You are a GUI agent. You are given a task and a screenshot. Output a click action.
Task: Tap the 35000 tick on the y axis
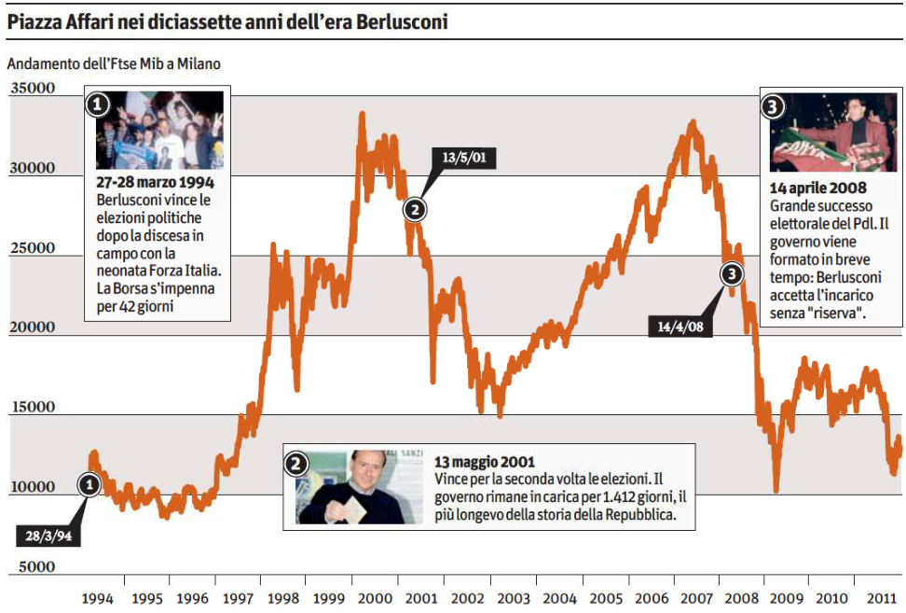coord(33,89)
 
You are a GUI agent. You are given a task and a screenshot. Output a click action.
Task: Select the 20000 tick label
coord(33,327)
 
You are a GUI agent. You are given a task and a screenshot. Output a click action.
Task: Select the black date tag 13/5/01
coord(464,157)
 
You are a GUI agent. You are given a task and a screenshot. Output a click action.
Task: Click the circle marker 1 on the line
coord(89,484)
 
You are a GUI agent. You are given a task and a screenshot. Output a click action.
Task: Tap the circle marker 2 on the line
coord(415,209)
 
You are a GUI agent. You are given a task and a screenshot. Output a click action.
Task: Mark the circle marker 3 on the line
coord(733,273)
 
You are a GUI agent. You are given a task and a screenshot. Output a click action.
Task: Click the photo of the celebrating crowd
coord(159,130)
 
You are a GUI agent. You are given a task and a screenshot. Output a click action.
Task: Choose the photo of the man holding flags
coord(833,132)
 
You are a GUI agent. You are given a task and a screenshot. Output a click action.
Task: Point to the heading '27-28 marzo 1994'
coord(156,183)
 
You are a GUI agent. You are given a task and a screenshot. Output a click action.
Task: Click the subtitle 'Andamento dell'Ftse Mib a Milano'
coord(114,64)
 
